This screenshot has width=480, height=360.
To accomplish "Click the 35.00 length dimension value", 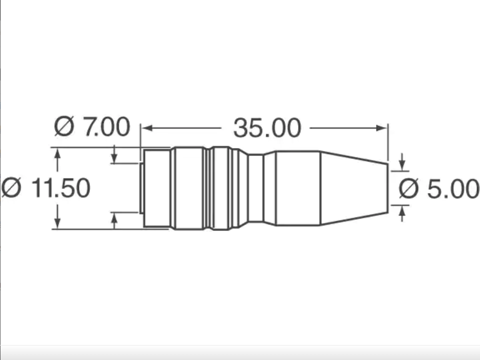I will point(267,128).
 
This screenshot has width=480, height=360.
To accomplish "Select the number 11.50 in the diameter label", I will point(60,188).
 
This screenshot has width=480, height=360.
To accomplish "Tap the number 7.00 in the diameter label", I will point(106,126).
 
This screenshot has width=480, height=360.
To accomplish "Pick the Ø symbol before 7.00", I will point(64,126).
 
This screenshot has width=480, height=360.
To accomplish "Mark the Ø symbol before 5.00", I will point(409,189).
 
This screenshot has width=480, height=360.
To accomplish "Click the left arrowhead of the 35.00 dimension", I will point(146,128).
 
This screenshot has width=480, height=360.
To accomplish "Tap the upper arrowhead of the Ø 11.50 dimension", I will point(57,153).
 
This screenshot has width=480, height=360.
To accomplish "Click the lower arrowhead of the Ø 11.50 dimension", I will point(57,223).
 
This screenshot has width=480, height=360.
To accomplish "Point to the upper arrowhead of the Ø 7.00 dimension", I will point(114,158).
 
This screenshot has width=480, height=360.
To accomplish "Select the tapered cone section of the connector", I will point(352,188).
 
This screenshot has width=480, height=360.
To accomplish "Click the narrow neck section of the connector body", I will point(255,188).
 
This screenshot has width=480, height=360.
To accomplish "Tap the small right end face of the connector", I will point(387,188).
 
